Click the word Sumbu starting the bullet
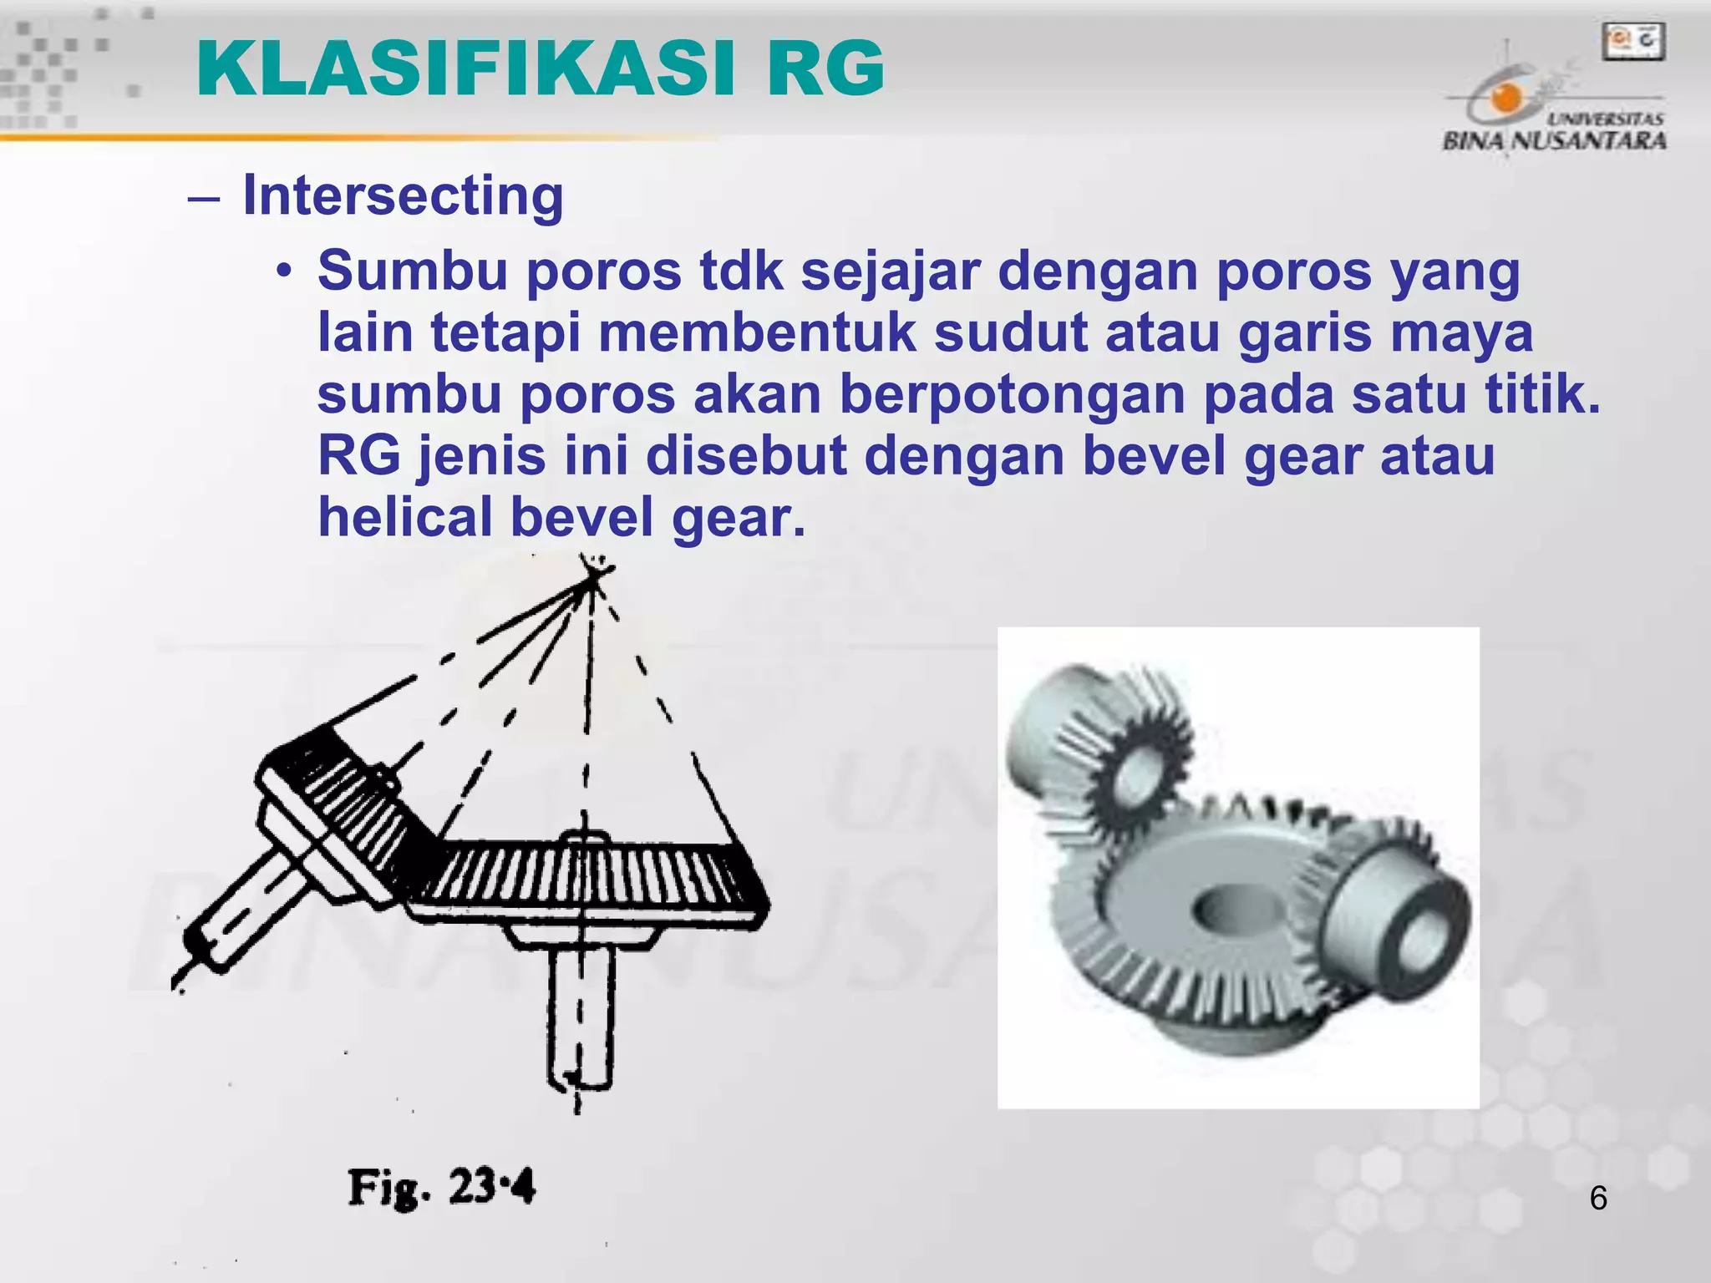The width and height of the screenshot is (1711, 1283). coord(412,271)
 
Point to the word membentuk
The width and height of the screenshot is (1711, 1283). coord(756,332)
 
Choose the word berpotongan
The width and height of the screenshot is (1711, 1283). coord(1012,394)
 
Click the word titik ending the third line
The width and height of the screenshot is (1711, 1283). coord(1541,394)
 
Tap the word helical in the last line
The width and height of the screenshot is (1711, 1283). coord(405,517)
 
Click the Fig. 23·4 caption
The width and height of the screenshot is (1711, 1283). coord(441,1187)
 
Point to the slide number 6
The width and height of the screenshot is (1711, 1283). coord(1597,1199)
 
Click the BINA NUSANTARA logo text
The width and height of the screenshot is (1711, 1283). coord(1554,139)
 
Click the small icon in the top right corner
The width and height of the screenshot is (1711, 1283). coord(1632,42)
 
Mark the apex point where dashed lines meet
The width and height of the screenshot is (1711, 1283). coord(594,576)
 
